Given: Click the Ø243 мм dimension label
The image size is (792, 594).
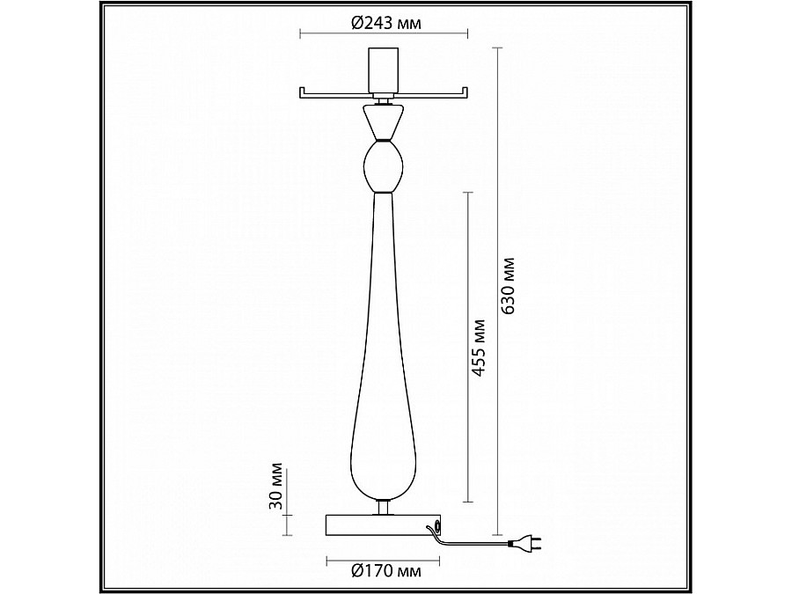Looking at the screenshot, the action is (x=385, y=23).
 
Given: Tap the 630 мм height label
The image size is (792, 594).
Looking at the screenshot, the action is (x=508, y=286).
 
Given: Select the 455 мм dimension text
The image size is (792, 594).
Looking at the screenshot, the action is (x=477, y=348).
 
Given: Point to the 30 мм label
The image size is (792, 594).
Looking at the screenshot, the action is (x=275, y=486).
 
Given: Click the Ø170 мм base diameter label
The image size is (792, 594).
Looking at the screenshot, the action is (x=386, y=571).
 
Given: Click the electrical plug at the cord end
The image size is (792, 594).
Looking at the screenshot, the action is (x=526, y=544).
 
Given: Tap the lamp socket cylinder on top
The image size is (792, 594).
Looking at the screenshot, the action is (x=384, y=70).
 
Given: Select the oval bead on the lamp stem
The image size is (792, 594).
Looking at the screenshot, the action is (x=384, y=165).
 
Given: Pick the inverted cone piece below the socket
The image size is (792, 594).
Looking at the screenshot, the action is (x=384, y=121).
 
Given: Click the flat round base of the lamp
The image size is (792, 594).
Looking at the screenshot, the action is (x=384, y=524).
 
